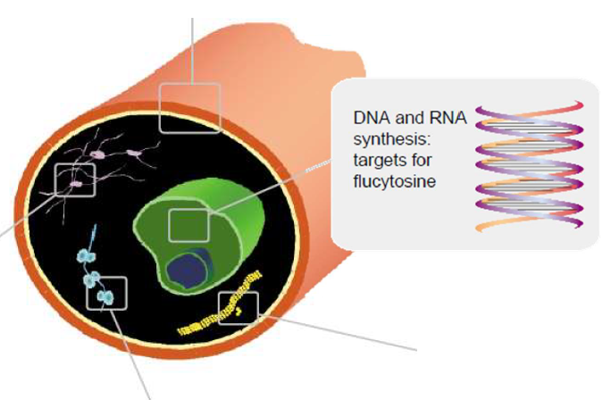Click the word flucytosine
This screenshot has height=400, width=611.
[x=394, y=183]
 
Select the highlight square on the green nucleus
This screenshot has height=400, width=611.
[x=188, y=223]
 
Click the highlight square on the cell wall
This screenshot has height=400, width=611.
[x=189, y=108]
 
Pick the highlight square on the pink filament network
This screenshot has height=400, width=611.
[x=75, y=179]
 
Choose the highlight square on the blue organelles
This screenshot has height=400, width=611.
[x=106, y=294]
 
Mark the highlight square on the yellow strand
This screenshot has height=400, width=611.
[x=239, y=309]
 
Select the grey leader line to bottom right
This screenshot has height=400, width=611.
[x=339, y=329]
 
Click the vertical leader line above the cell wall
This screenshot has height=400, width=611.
[x=189, y=45]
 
